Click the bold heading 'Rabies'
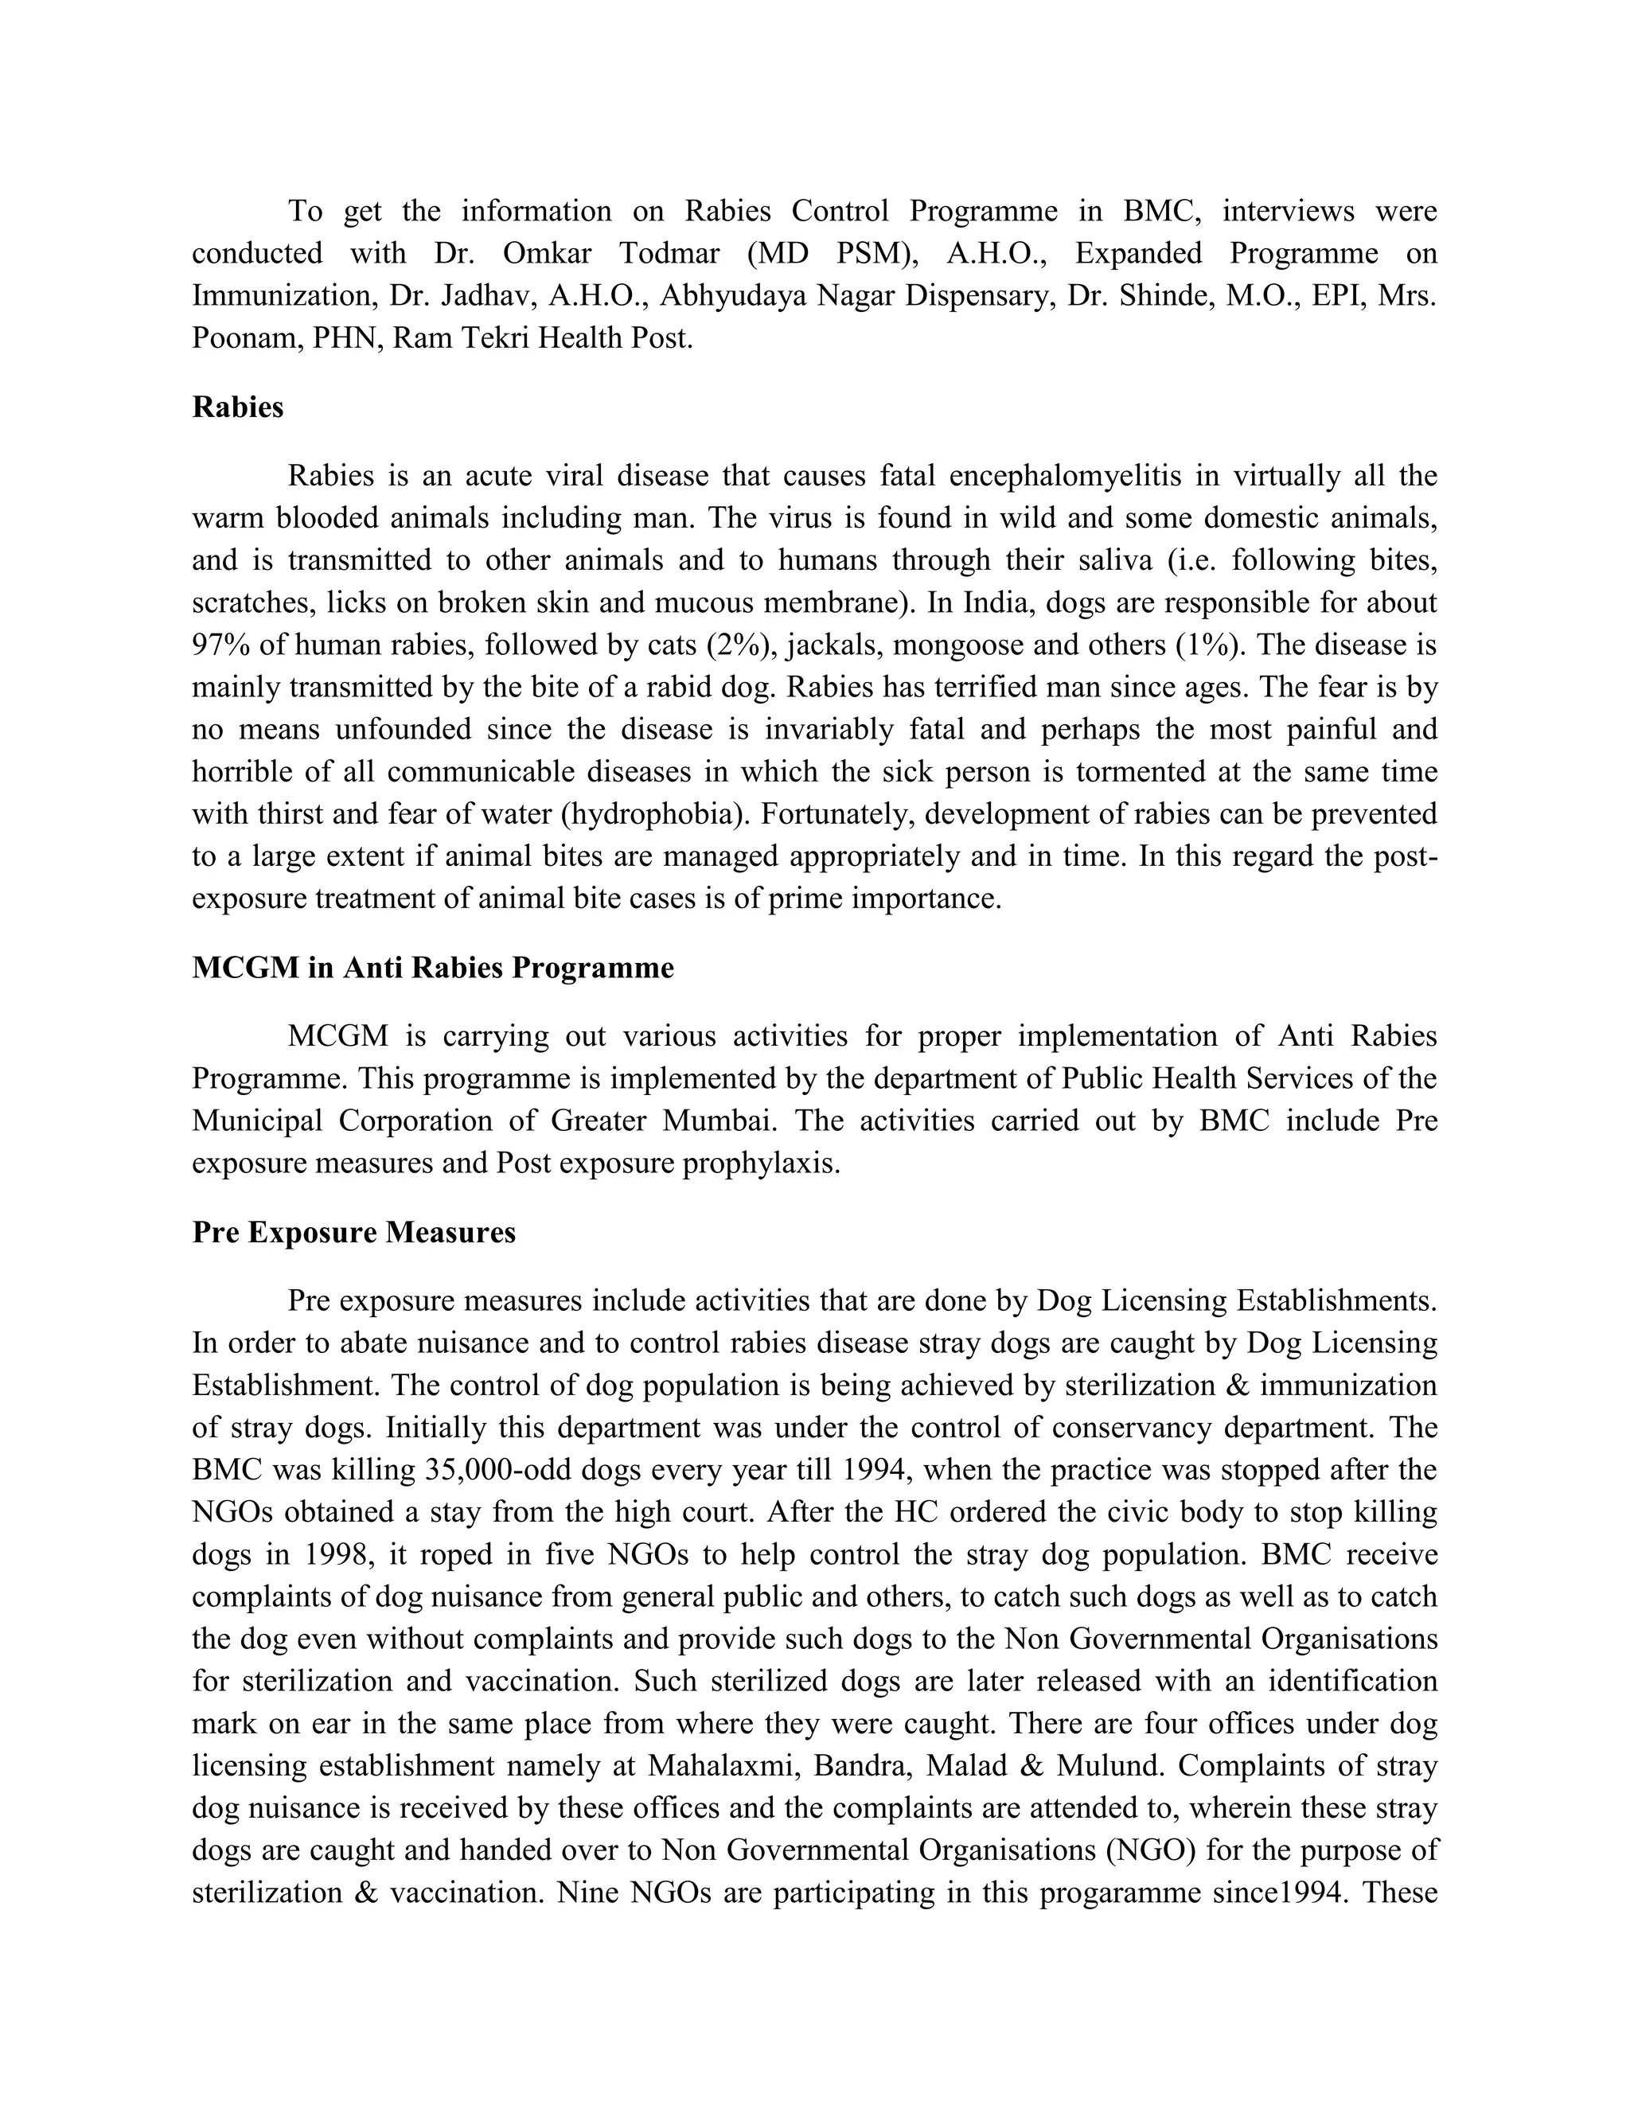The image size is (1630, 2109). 237,407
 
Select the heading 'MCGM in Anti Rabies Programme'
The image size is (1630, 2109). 433,968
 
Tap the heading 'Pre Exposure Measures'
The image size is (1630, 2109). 353,1233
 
